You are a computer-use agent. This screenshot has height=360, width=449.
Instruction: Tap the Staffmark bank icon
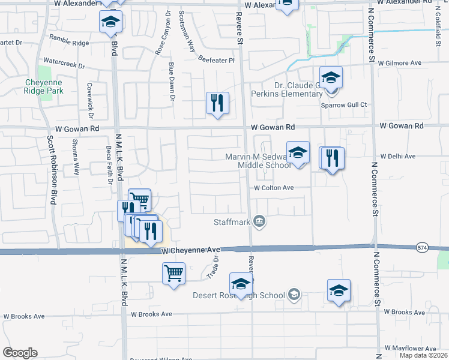point(259,221)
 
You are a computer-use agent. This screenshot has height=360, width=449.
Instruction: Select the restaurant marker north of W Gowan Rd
point(218,103)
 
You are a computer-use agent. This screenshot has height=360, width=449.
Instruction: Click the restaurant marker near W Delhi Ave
point(332,159)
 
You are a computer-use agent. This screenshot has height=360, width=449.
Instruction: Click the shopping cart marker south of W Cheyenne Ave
point(173,274)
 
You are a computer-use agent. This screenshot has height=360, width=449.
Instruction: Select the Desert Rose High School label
point(238,295)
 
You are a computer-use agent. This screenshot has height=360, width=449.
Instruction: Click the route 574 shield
point(422,247)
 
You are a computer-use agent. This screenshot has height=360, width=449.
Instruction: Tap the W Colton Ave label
point(273,188)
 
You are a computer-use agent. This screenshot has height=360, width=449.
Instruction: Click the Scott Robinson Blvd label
point(50,168)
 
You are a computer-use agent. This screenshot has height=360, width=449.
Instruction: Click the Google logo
point(20,353)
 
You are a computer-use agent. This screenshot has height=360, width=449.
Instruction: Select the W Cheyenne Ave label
point(191,250)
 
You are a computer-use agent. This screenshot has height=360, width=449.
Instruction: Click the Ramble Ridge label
point(73,43)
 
